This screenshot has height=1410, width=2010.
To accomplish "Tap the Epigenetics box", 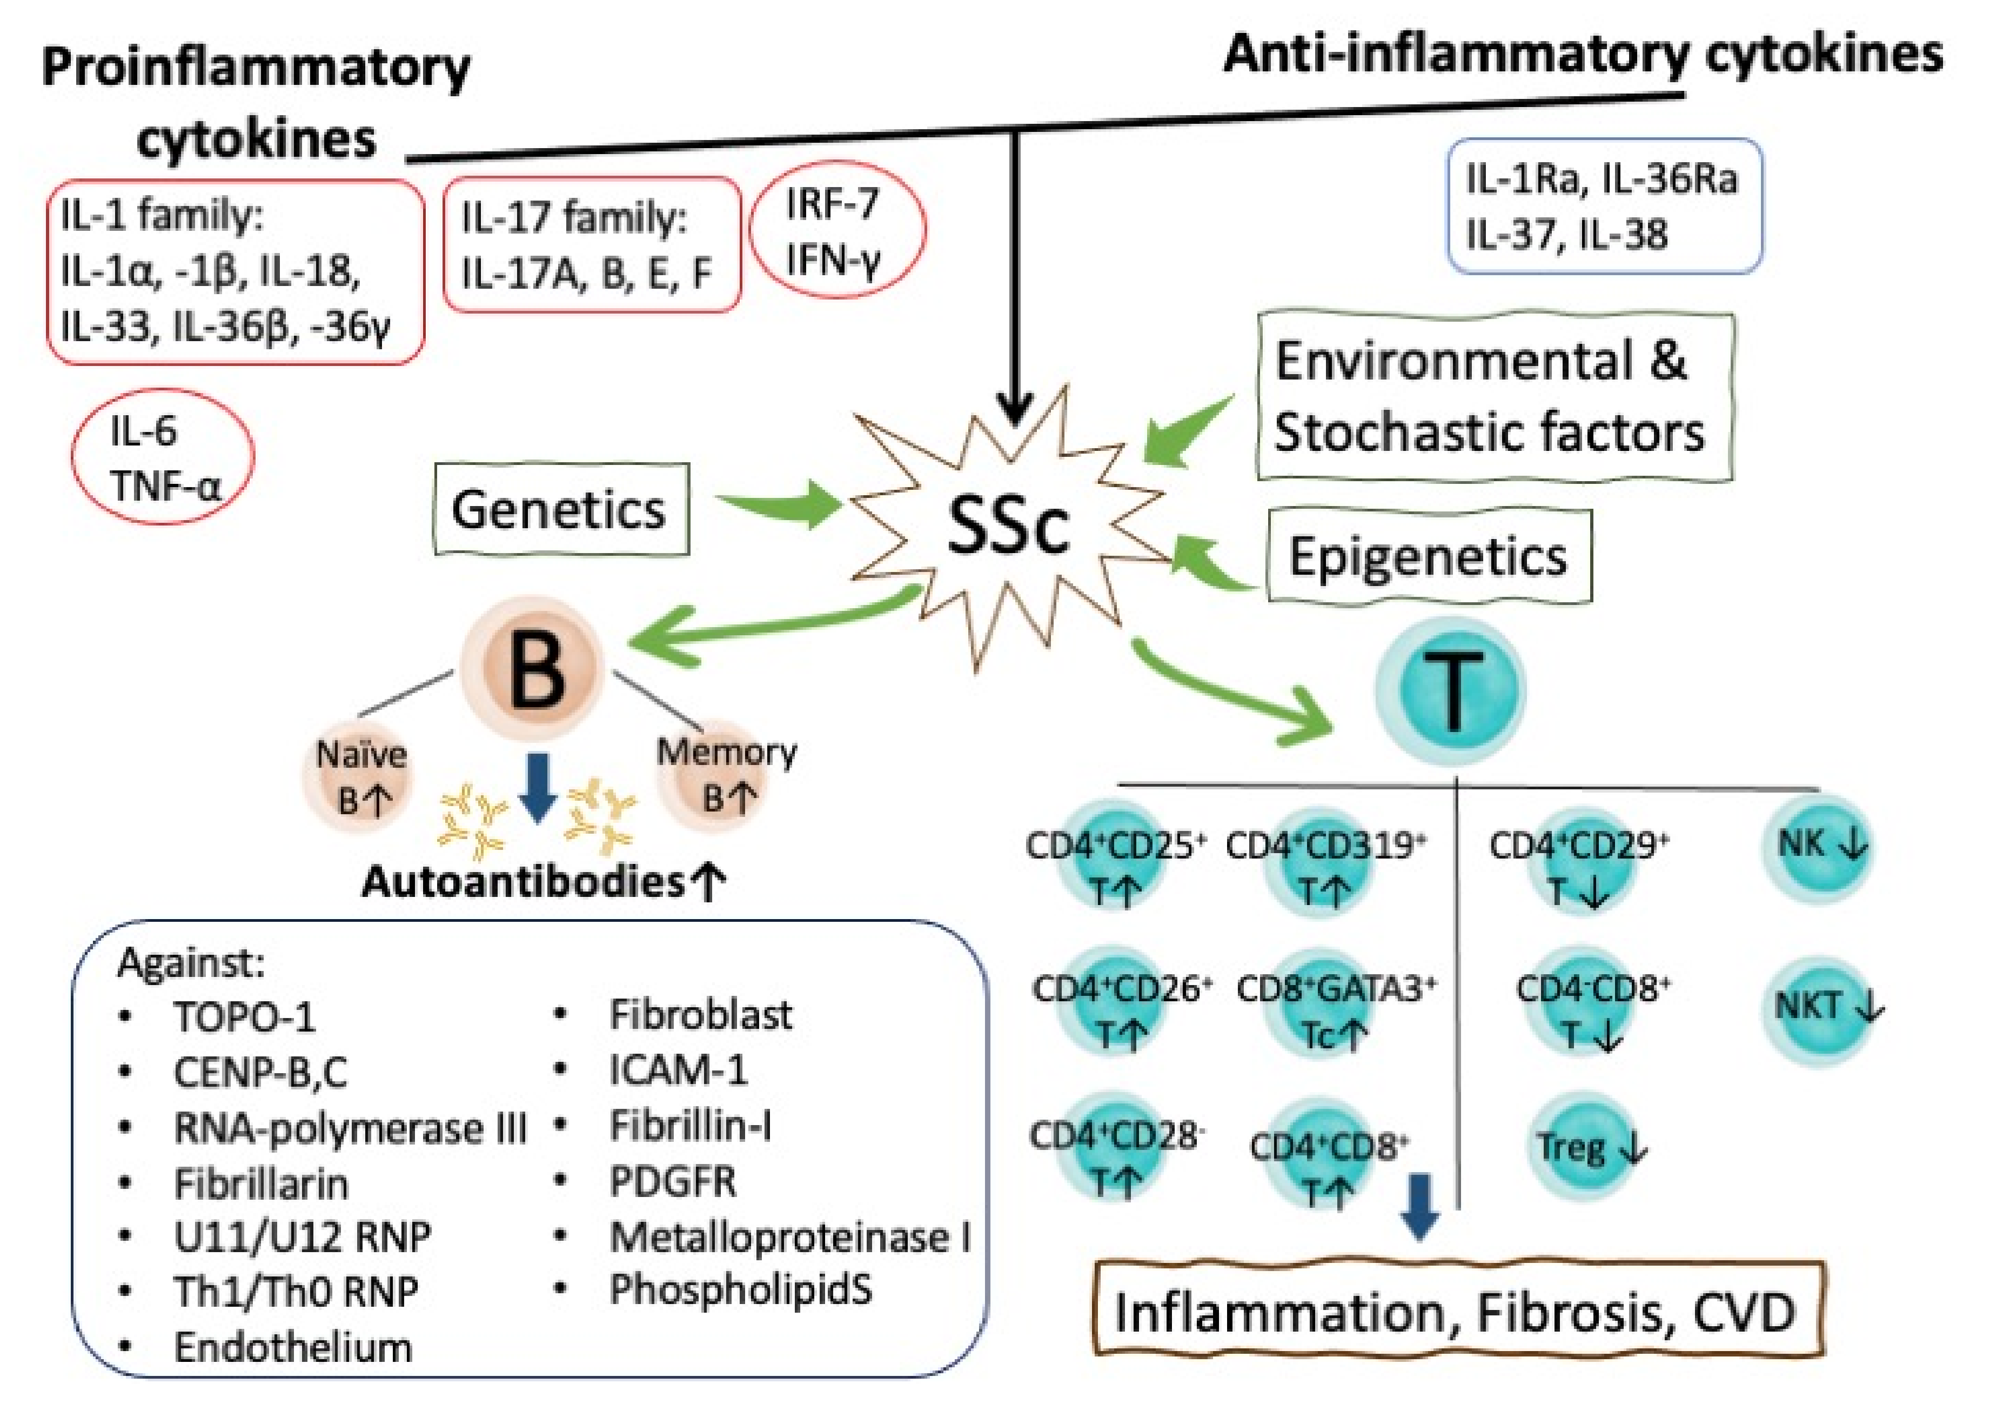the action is click(1428, 556).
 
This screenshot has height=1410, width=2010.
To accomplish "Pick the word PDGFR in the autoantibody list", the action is click(672, 1181).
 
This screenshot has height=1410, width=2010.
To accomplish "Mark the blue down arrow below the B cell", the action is click(538, 787).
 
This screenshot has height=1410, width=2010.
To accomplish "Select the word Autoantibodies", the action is click(522, 881).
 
